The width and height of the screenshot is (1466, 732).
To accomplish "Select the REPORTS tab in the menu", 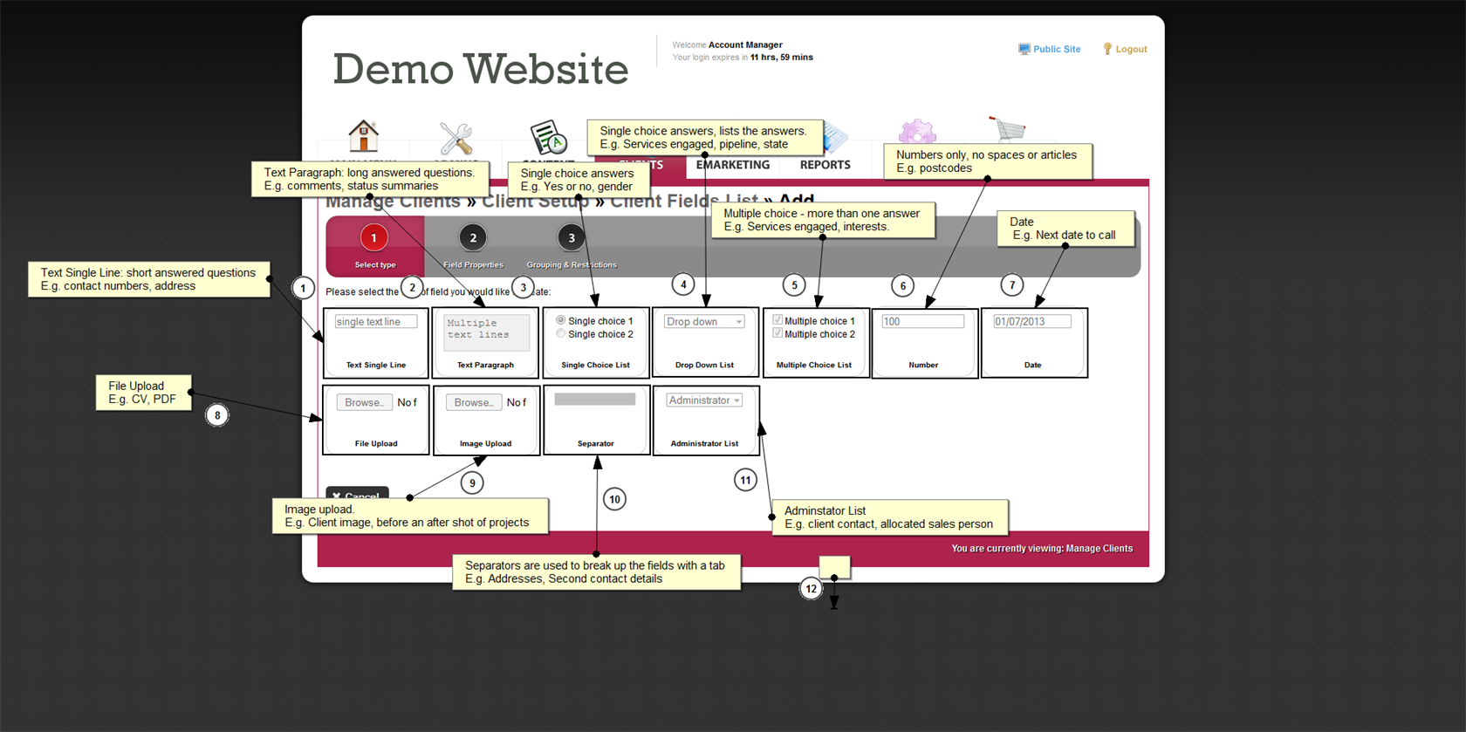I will pyautogui.click(x=825, y=165).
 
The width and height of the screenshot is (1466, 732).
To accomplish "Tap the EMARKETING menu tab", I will pyautogui.click(x=732, y=165).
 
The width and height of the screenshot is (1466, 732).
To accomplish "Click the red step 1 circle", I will pyautogui.click(x=374, y=238).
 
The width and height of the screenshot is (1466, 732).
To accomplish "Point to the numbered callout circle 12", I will pyautogui.click(x=812, y=589).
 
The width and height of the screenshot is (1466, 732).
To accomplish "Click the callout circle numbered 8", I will pyautogui.click(x=217, y=415).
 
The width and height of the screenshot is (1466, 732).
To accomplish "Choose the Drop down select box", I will pyautogui.click(x=704, y=322).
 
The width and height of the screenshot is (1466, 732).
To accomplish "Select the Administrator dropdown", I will pyautogui.click(x=704, y=400).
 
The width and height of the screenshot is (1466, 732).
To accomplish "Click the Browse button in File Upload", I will pyautogui.click(x=364, y=402).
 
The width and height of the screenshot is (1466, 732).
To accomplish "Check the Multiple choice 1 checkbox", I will pyautogui.click(x=778, y=320).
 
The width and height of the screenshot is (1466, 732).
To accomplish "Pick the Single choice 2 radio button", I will pyautogui.click(x=561, y=334).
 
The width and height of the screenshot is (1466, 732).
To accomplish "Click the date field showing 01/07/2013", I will pyautogui.click(x=1031, y=322).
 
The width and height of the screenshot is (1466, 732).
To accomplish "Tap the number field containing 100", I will pyautogui.click(x=922, y=322).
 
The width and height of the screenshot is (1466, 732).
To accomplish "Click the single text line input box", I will pyautogui.click(x=376, y=322).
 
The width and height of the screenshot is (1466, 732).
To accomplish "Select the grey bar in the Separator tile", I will pyautogui.click(x=595, y=400).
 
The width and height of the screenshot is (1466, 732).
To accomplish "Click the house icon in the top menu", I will pyautogui.click(x=363, y=136).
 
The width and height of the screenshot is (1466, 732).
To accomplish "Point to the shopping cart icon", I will pyautogui.click(x=1008, y=128).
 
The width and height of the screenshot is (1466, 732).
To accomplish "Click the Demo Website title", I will pyautogui.click(x=480, y=70).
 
